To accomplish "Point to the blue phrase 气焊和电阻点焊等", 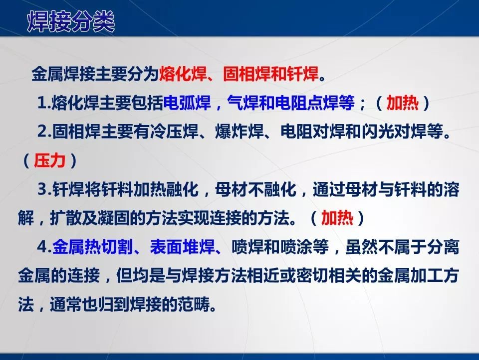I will tap(291, 103).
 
